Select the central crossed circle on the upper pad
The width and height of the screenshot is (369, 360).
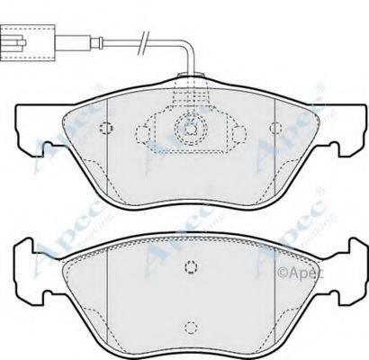pos(189,128)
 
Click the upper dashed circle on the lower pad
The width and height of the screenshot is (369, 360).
pos(189,266)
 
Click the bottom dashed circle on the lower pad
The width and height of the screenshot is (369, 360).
pos(189,328)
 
